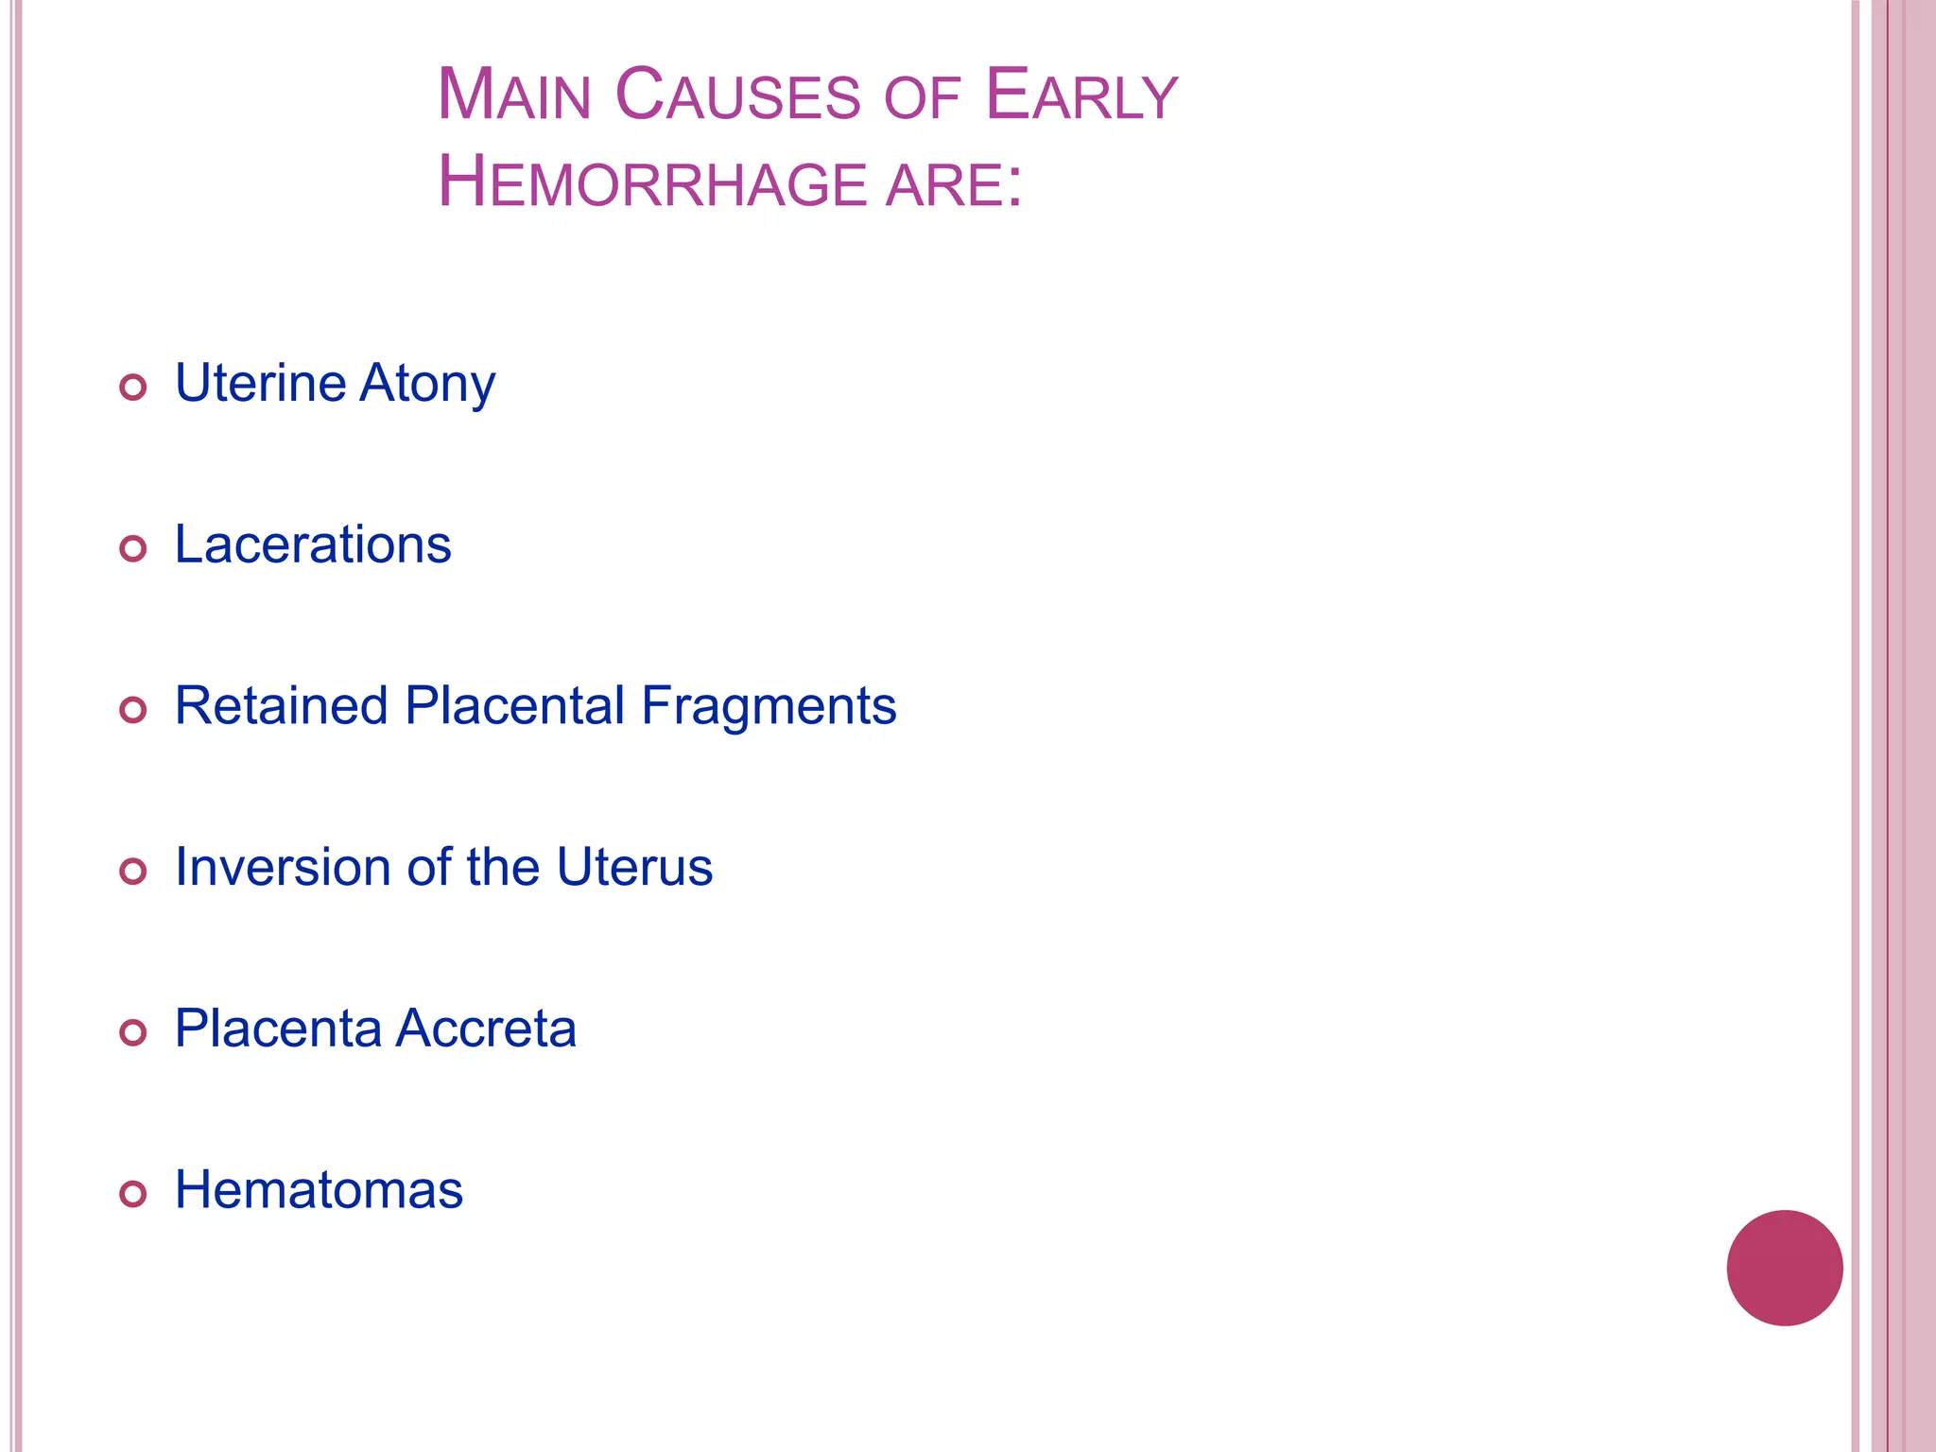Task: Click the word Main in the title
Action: tap(513, 95)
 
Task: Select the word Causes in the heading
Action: tap(737, 95)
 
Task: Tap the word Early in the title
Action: tap(1080, 95)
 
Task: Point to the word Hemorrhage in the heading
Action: tap(652, 182)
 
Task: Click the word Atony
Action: tap(427, 384)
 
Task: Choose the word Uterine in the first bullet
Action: tap(261, 384)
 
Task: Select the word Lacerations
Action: tap(313, 544)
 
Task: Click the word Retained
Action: tap(282, 706)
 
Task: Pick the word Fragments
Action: tap(769, 706)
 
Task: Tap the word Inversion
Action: tap(283, 867)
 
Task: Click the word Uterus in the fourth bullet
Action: tap(634, 867)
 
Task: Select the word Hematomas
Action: tap(319, 1190)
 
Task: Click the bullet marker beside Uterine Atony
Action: tap(133, 387)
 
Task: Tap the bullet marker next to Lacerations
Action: tap(133, 548)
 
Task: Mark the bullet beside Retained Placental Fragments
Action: tap(133, 710)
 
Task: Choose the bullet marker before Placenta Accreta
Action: tap(133, 1032)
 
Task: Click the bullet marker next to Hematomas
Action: tap(133, 1194)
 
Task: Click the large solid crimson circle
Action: tap(1784, 1268)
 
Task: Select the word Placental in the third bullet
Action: tap(515, 706)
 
